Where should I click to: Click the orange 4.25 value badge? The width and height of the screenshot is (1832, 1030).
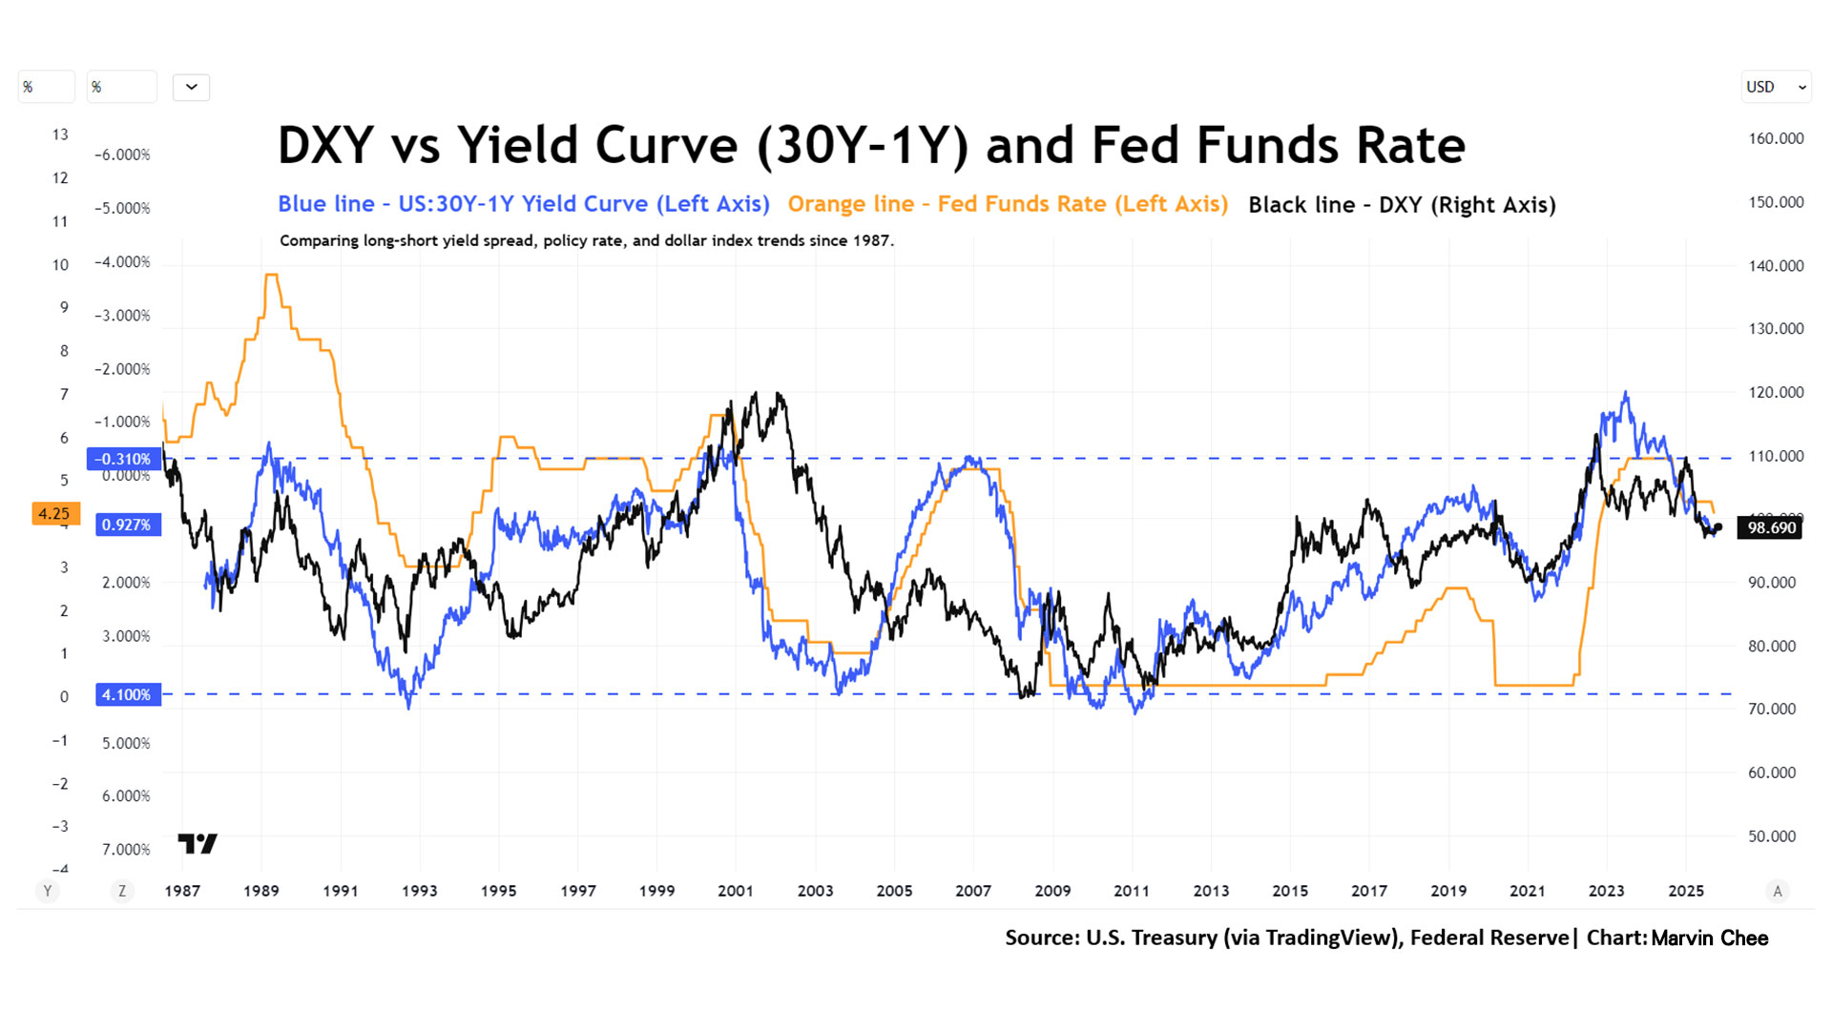coord(55,513)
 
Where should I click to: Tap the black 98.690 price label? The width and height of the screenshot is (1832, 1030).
coord(1770,527)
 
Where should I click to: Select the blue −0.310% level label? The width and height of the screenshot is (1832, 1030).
coord(123,459)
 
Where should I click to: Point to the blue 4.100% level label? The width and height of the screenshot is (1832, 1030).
coord(127,694)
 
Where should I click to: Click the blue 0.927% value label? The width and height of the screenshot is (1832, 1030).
coord(127,525)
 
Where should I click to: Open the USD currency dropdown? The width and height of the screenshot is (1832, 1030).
coord(1775,87)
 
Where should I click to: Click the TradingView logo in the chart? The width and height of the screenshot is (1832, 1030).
coord(198,843)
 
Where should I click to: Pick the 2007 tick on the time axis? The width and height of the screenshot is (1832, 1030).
coord(973,891)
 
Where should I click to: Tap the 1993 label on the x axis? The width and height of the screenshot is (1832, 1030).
coord(419,891)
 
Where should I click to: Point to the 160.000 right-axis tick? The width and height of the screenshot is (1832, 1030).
coord(1776,138)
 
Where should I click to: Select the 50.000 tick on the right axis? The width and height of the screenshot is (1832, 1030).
coord(1772,836)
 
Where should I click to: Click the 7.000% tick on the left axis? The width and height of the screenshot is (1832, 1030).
coord(126,850)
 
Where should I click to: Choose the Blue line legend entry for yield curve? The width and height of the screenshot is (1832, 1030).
coord(523,204)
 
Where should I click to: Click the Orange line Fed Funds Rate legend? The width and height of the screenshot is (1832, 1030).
coord(1008,204)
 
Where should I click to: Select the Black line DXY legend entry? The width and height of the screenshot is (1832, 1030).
coord(1402,205)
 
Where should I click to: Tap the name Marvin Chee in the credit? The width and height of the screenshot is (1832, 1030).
coord(1709,938)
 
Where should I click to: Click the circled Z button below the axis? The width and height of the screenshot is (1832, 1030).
coord(121,892)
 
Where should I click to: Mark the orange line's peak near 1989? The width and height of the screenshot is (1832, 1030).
coord(272,275)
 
